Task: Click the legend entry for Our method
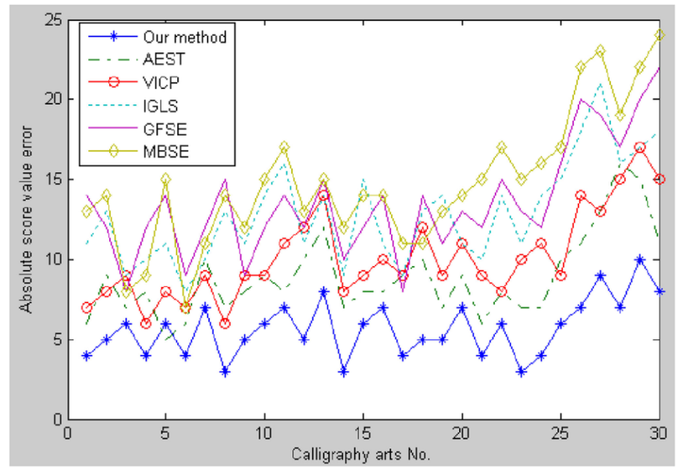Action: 185,36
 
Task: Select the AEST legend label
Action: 159,58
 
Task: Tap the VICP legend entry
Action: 158,80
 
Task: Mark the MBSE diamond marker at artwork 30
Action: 660,35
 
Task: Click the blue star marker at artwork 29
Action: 640,259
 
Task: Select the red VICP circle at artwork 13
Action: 323,195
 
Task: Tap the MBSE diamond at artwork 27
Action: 600,51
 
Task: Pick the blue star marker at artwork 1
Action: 87,356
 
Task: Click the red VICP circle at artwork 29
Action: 640,147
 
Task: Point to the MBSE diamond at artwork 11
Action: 284,147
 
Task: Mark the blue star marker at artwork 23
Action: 521,371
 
